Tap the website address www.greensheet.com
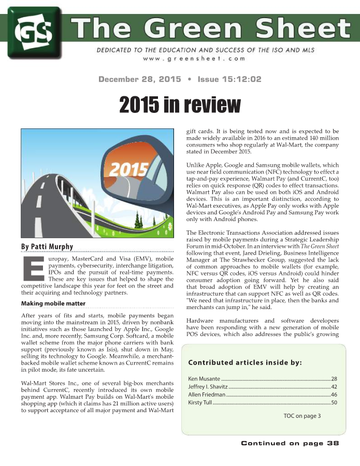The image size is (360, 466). [194, 59]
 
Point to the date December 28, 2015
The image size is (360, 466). [139, 79]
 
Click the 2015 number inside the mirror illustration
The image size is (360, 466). [127, 169]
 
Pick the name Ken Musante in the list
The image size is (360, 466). [203, 378]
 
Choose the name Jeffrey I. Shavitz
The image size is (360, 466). [208, 387]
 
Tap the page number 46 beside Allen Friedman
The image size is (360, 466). [334, 395]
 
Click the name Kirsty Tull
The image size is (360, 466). [199, 402]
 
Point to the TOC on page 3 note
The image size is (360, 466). [302, 415]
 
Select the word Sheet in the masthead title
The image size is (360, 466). [304, 28]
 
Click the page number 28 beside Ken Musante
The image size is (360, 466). [334, 378]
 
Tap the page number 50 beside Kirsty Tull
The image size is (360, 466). [334, 402]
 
